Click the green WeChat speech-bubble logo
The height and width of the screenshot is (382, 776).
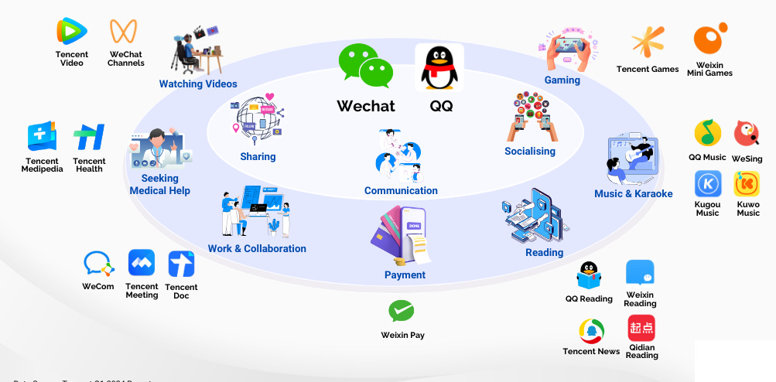coord(366,66)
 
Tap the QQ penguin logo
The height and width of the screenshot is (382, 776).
coord(439,67)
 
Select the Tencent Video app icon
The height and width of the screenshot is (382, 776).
coord(72,32)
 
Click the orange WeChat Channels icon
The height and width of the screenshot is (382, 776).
coord(124,32)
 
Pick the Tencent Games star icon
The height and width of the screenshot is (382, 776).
coord(648,42)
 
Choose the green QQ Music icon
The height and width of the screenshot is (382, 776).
coord(707,134)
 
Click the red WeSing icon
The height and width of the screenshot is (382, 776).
coord(747,134)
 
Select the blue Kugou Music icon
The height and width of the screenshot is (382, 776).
coord(707,184)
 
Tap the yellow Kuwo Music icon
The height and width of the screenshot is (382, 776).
coord(747,184)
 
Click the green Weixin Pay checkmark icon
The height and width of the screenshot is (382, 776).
coord(401,311)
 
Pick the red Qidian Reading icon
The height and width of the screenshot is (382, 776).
coord(641,328)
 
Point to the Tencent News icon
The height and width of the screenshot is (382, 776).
coord(592,331)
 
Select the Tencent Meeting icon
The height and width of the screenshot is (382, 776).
coord(142,263)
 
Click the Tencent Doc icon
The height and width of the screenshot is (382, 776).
coord(181,264)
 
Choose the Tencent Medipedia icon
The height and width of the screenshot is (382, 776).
coord(42,137)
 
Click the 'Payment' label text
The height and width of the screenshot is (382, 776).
coord(405,275)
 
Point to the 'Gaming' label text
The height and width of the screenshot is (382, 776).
coord(562,80)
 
